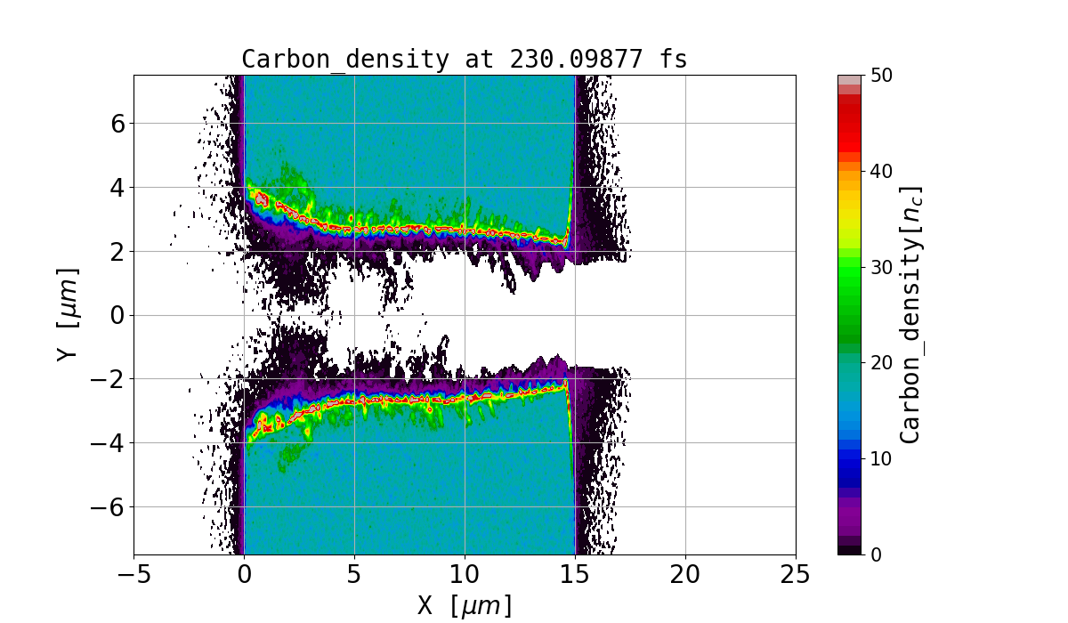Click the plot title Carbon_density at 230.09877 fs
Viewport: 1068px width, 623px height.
coord(465,60)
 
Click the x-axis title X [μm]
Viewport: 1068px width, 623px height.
coord(465,605)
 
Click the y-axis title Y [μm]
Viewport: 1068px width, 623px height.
coord(67,314)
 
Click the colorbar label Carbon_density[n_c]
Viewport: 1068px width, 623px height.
coord(910,314)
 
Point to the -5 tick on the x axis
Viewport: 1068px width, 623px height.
coord(133,574)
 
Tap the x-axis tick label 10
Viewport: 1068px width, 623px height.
coord(465,574)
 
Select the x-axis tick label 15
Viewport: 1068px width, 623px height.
coord(575,574)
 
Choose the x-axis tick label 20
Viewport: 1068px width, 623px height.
coord(685,574)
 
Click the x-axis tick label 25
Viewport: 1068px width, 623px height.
coord(796,574)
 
